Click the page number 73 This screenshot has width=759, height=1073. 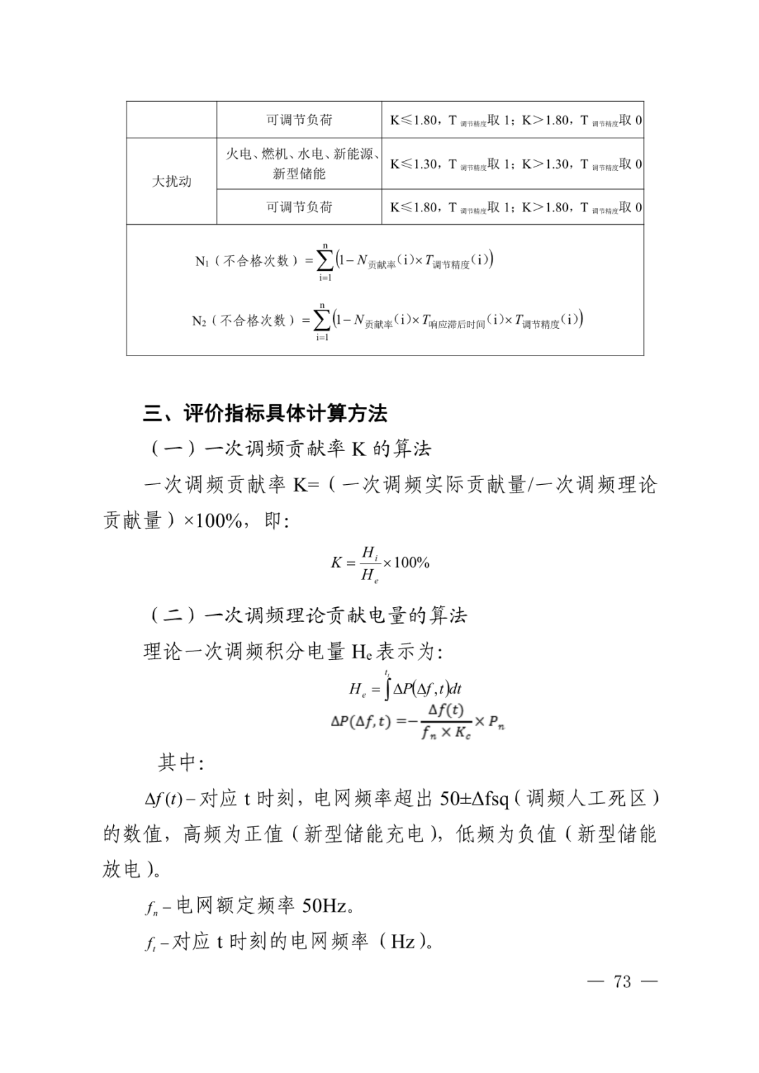[x=623, y=982]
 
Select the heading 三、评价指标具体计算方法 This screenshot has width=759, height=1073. [x=265, y=413]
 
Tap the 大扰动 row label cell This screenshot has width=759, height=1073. [x=171, y=181]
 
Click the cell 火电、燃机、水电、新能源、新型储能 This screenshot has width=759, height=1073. [x=299, y=164]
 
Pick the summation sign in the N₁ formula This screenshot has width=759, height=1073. [x=325, y=261]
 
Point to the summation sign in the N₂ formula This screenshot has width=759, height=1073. [x=323, y=320]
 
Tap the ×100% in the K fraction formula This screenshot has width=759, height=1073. [x=406, y=562]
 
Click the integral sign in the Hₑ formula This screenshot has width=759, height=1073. [x=387, y=688]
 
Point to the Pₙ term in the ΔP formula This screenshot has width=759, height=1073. [x=496, y=722]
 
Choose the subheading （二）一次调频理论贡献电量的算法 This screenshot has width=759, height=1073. [x=306, y=616]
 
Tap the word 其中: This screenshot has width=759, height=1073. [x=181, y=762]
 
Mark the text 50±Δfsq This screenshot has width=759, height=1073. [x=475, y=799]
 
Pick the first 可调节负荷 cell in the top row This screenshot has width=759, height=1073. [x=299, y=120]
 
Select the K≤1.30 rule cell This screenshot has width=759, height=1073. [x=512, y=164]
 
